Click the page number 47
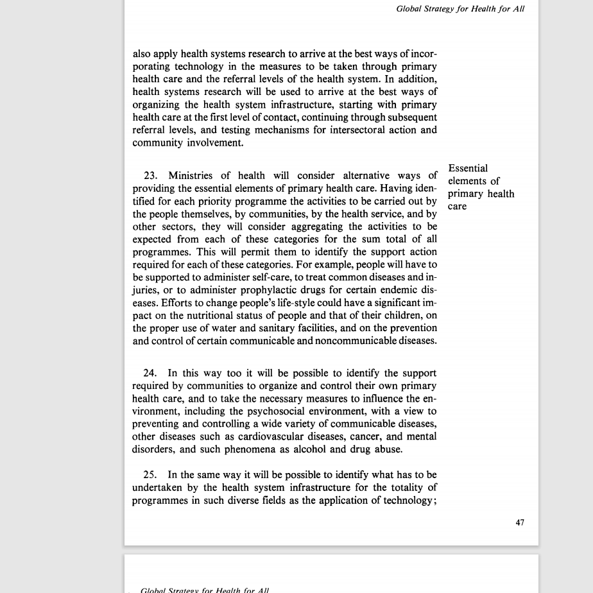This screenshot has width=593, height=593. coord(520,522)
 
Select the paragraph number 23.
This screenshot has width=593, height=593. coord(150,176)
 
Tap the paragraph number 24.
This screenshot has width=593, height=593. coord(150,374)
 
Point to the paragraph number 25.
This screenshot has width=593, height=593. coord(150,475)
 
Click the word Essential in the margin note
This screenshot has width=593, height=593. coord(468,169)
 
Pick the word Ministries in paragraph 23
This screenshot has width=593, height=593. coord(191,176)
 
